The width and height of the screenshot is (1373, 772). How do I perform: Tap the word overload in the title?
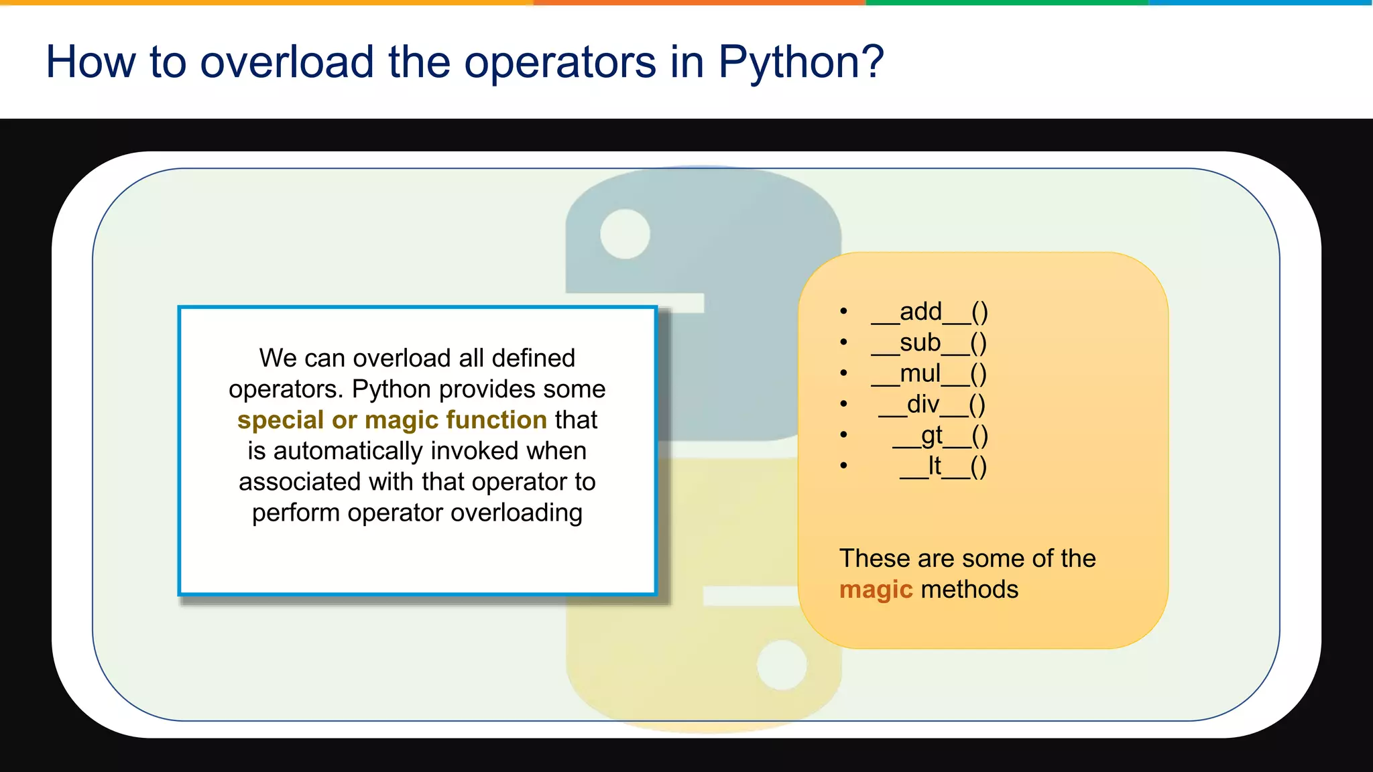click(x=286, y=62)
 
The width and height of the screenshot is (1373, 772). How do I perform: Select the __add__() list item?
click(x=929, y=312)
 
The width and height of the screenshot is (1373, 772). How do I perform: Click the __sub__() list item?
click(x=929, y=342)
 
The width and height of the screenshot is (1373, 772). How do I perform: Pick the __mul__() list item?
click(x=929, y=373)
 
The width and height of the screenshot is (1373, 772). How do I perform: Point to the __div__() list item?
click(x=932, y=404)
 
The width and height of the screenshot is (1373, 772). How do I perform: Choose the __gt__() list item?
click(x=940, y=436)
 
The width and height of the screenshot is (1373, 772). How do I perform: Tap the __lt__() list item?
click(x=943, y=466)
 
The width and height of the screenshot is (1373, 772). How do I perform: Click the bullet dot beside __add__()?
click(x=843, y=311)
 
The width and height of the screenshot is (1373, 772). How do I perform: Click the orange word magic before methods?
click(x=876, y=590)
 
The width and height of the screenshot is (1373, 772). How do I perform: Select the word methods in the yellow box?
click(x=969, y=590)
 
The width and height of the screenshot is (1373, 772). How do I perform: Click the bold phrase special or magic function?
click(x=392, y=420)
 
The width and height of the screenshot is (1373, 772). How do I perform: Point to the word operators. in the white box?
click(x=286, y=389)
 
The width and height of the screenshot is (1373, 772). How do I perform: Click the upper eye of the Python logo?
click(x=625, y=234)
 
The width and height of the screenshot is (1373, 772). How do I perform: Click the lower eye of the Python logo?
click(x=782, y=665)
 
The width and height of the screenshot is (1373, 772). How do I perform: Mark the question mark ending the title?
click(x=872, y=62)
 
